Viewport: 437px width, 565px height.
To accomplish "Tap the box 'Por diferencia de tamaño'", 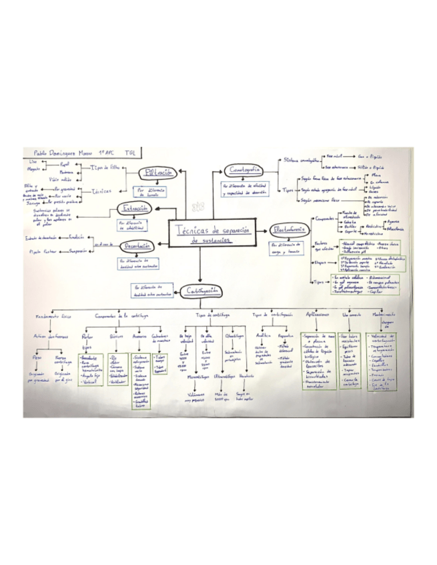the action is [x=153, y=192].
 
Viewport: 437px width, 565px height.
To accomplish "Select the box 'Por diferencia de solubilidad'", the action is [x=139, y=223].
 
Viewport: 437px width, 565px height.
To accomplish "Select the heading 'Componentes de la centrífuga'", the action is [x=121, y=314].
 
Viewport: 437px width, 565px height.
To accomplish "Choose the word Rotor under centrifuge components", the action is [x=87, y=337].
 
